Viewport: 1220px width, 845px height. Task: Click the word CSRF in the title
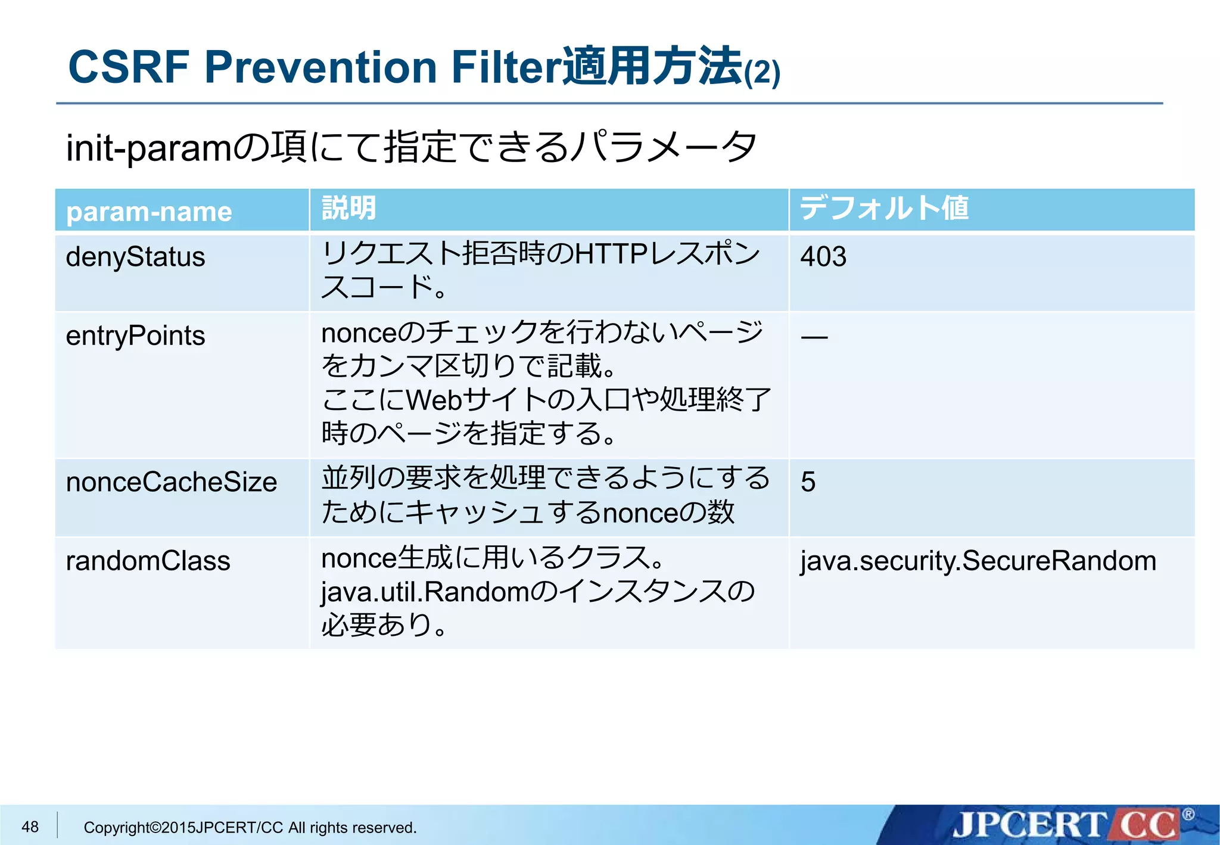tap(129, 67)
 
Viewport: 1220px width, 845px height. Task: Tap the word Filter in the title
tap(506, 67)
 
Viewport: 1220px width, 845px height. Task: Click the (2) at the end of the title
tap(762, 73)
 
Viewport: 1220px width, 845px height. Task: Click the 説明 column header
tap(349, 209)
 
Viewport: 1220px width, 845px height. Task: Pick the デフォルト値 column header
tap(884, 209)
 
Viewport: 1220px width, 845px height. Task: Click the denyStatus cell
tap(135, 257)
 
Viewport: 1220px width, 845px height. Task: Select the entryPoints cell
tap(135, 335)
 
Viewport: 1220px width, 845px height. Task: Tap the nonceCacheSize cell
tap(171, 481)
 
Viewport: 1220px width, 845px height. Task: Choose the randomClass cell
tap(148, 561)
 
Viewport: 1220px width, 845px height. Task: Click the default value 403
tap(823, 257)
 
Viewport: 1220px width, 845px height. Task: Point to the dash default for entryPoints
tap(814, 338)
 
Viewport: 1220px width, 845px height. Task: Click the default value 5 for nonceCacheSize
tap(808, 481)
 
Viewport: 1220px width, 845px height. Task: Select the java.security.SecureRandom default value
tap(978, 561)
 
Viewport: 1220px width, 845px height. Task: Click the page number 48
tap(30, 827)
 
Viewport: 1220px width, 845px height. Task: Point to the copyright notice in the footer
tap(250, 827)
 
